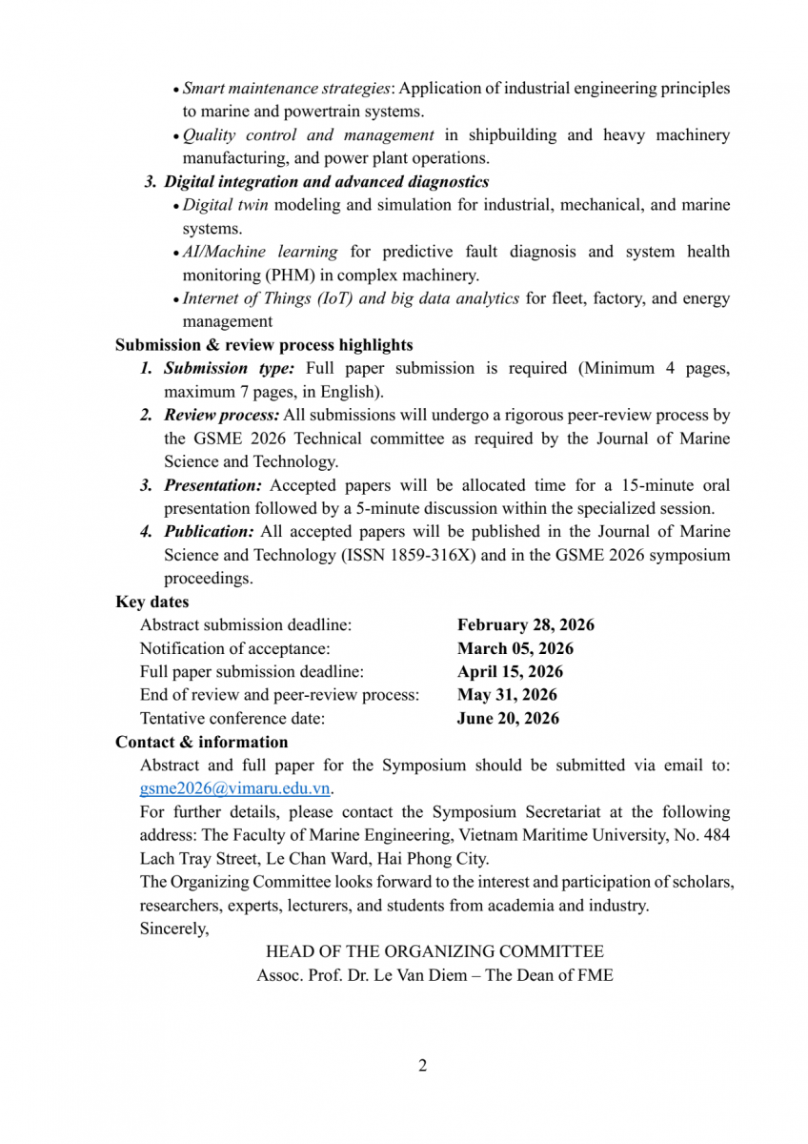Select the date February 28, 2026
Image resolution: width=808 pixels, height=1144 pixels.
pyautogui.click(x=525, y=625)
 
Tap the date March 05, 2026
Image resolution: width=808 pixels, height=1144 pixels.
pyautogui.click(x=515, y=648)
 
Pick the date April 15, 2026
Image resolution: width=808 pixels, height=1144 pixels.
pyautogui.click(x=510, y=671)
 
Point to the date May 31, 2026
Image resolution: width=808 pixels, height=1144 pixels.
pyautogui.click(x=507, y=695)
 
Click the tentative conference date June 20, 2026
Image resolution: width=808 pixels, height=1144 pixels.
pyautogui.click(x=508, y=718)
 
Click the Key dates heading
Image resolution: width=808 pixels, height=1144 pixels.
pyautogui.click(x=151, y=602)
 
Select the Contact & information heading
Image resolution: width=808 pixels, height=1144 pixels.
pyautogui.click(x=201, y=742)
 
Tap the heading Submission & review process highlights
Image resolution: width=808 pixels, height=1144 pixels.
pyautogui.click(x=264, y=345)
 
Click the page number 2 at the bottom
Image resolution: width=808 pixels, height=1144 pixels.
pyautogui.click(x=422, y=1065)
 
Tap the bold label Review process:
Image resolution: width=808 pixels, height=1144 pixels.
pyautogui.click(x=221, y=415)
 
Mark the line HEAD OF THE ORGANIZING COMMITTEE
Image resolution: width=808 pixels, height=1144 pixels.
pyautogui.click(x=434, y=951)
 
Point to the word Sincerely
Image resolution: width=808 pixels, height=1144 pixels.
pyautogui.click(x=173, y=928)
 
